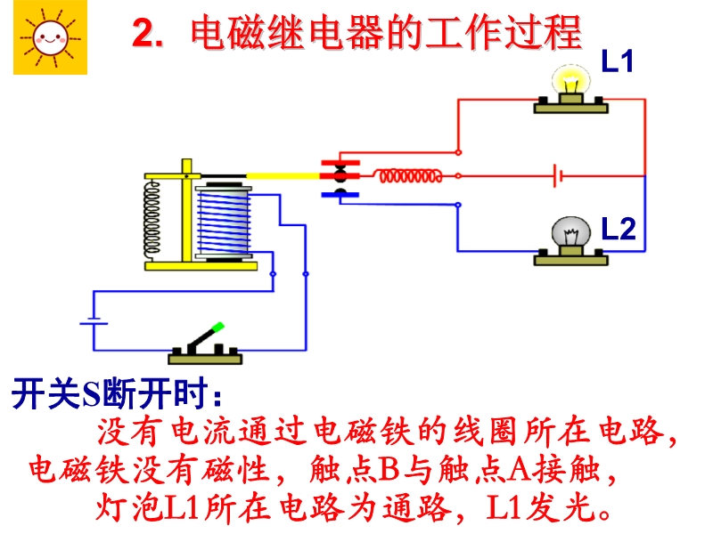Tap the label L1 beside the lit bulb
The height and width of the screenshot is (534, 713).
(x=617, y=61)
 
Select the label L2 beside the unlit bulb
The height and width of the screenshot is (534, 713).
(x=617, y=229)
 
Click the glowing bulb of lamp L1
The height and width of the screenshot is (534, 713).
(x=570, y=81)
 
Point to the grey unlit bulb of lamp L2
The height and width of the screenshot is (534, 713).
(x=570, y=233)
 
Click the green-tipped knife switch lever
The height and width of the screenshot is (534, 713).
(x=209, y=337)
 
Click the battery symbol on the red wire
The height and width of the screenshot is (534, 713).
(x=558, y=175)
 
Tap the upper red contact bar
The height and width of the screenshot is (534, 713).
(x=340, y=163)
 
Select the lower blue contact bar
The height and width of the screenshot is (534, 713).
(x=340, y=192)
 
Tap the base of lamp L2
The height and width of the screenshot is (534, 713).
(x=570, y=257)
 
